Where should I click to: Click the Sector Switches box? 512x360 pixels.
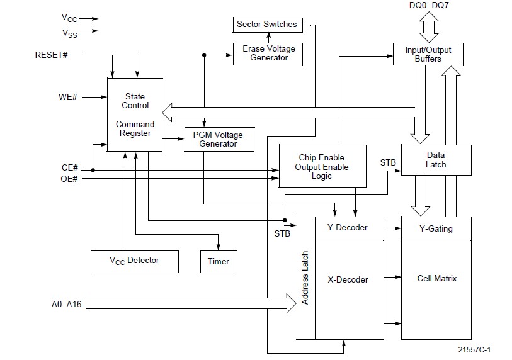pos(266,25)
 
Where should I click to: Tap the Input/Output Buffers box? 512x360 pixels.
pos(428,53)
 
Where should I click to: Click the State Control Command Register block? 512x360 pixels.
pos(135,115)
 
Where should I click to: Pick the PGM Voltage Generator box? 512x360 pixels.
pos(219,139)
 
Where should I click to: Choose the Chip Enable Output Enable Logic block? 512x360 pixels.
pos(321,166)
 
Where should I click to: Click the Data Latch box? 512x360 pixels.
pos(436,160)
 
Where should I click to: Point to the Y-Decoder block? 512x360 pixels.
pos(348,228)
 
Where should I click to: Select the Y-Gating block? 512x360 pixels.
pos(436,228)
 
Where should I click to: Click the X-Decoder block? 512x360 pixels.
pos(348,279)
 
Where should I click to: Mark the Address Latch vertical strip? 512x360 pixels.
pos(305,278)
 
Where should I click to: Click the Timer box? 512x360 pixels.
pos(218,261)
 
